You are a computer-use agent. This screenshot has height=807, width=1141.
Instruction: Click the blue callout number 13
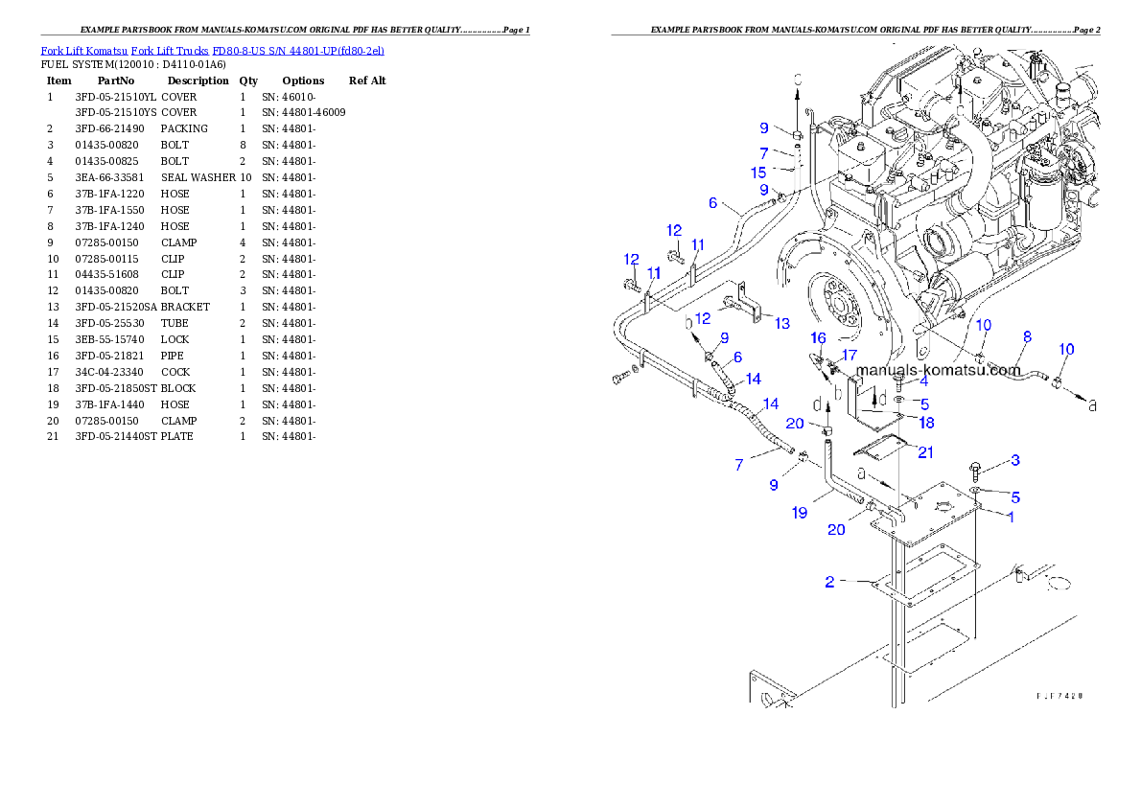(782, 324)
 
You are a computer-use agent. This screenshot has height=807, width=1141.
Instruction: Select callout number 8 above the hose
(1027, 336)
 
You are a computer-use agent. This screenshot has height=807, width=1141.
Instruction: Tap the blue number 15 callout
(758, 173)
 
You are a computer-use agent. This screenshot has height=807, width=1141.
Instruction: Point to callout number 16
(818, 337)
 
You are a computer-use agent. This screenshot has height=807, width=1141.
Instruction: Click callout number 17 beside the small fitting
(849, 355)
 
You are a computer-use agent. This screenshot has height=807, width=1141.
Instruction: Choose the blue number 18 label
(926, 422)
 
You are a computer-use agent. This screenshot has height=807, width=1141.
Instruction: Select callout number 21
(924, 452)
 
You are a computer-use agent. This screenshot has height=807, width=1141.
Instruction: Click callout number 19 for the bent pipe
(799, 512)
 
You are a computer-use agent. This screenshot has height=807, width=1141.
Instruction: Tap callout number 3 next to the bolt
(1014, 461)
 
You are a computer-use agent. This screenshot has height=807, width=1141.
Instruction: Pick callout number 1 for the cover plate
(1009, 516)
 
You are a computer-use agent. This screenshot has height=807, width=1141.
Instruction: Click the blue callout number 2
(830, 581)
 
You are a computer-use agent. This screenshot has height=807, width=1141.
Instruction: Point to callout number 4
(923, 380)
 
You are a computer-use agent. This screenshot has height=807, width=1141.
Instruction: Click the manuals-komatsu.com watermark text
(937, 370)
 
